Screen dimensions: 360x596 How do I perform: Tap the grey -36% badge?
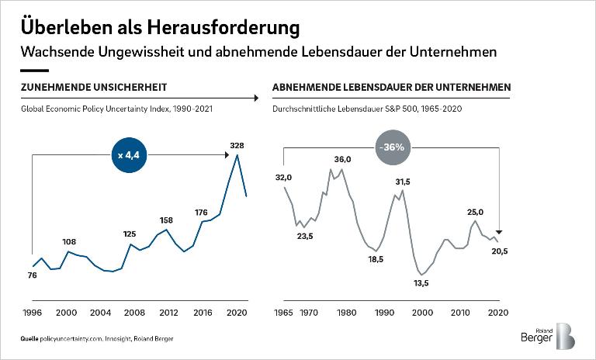pos(393,147)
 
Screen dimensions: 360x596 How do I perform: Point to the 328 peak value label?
pos(238,145)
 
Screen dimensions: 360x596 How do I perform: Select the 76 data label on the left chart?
pos(32,275)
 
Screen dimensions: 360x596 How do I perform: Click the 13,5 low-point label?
pos(421,284)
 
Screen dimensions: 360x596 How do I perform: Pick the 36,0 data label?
pos(342,159)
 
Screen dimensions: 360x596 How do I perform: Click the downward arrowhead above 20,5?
pos(500,231)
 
